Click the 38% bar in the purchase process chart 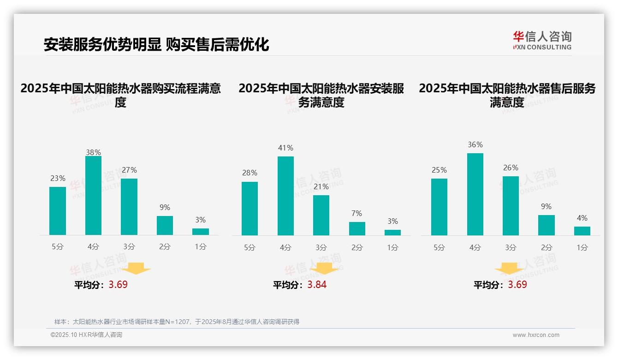(93, 196)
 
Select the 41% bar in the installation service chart (285, 196)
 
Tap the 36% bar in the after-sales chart (475, 194)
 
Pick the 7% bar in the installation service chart (357, 228)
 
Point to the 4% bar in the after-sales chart (582, 231)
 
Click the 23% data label (58, 178)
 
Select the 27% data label (129, 170)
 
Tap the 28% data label (250, 173)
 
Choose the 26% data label (511, 168)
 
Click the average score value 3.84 (317, 284)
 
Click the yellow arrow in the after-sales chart (509, 268)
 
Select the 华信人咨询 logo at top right (542, 40)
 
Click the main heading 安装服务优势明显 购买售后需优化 (156, 44)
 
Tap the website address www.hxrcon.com (535, 335)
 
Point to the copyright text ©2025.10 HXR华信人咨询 (86, 335)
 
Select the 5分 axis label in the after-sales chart (439, 247)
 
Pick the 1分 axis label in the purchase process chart (201, 246)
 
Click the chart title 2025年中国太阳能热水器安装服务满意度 (321, 95)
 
